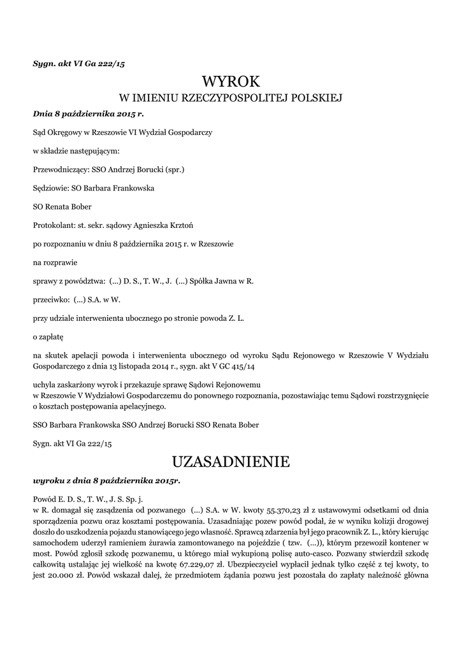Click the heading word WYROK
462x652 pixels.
tap(231, 81)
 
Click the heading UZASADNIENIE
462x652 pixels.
tap(231, 462)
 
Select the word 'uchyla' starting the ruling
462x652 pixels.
tap(44, 385)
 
